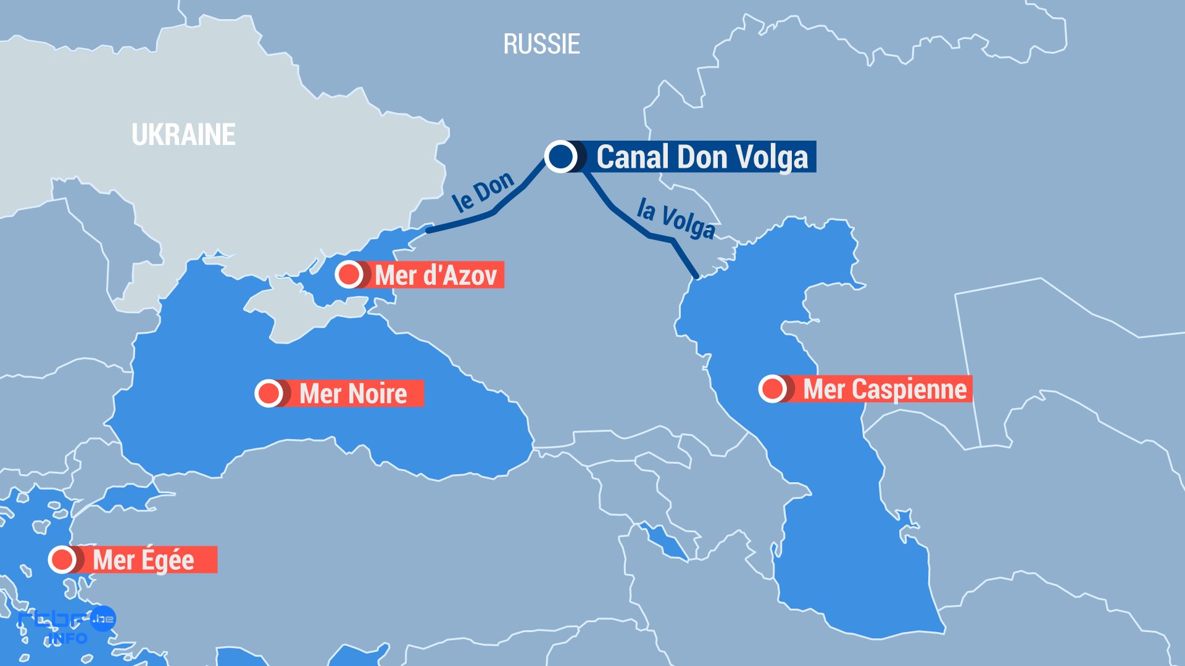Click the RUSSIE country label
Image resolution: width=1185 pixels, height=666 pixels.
pyautogui.click(x=541, y=44)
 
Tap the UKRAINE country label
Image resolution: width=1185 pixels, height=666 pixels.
pyautogui.click(x=183, y=134)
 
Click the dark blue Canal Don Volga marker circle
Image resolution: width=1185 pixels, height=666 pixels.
pyautogui.click(x=560, y=156)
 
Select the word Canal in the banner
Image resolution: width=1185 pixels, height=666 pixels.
pyautogui.click(x=633, y=157)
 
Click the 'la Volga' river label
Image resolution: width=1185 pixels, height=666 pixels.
pyautogui.click(x=676, y=218)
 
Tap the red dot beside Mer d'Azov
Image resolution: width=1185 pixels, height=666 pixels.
pyautogui.click(x=349, y=274)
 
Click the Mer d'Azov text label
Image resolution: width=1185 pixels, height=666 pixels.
pyautogui.click(x=436, y=275)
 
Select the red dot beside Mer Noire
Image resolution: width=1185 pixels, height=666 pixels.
pyautogui.click(x=268, y=393)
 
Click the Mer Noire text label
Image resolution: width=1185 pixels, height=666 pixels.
pyautogui.click(x=353, y=393)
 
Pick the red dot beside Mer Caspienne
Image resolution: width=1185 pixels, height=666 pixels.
pyautogui.click(x=771, y=388)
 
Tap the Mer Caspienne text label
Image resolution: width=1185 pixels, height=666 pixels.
pyautogui.click(x=884, y=389)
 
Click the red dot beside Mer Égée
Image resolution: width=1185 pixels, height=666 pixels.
pyautogui.click(x=62, y=559)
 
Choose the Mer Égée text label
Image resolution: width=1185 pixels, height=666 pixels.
pyautogui.click(x=143, y=560)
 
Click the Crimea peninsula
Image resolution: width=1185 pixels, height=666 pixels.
pyautogui.click(x=290, y=308)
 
